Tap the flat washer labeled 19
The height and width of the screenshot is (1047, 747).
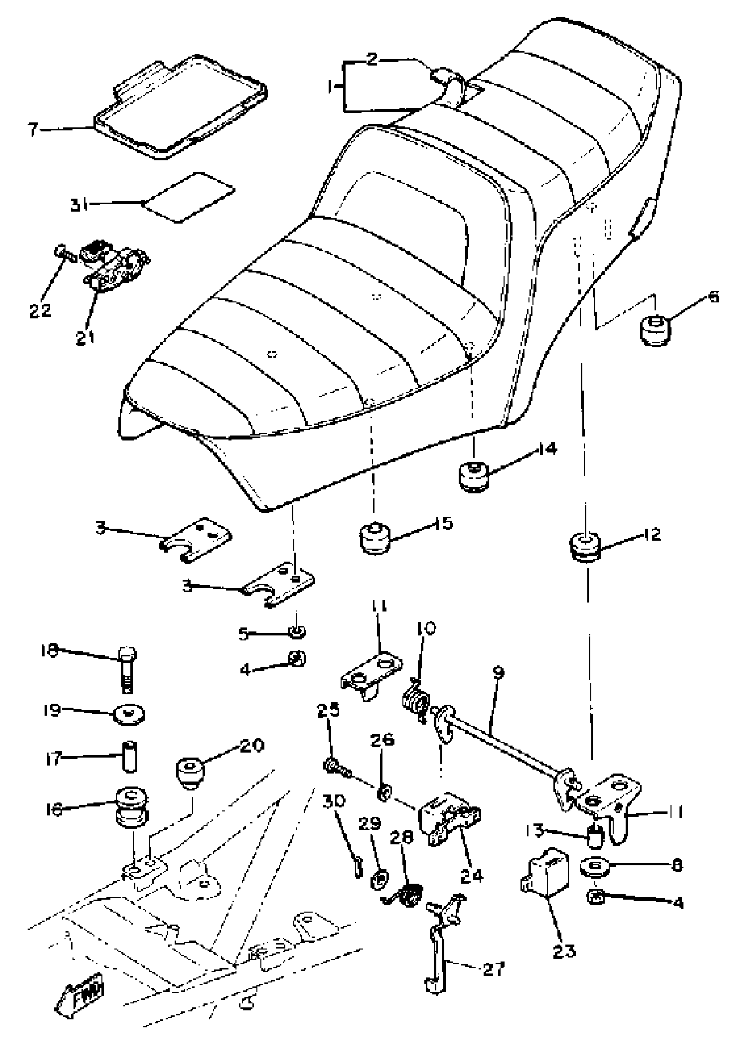click(x=129, y=715)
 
